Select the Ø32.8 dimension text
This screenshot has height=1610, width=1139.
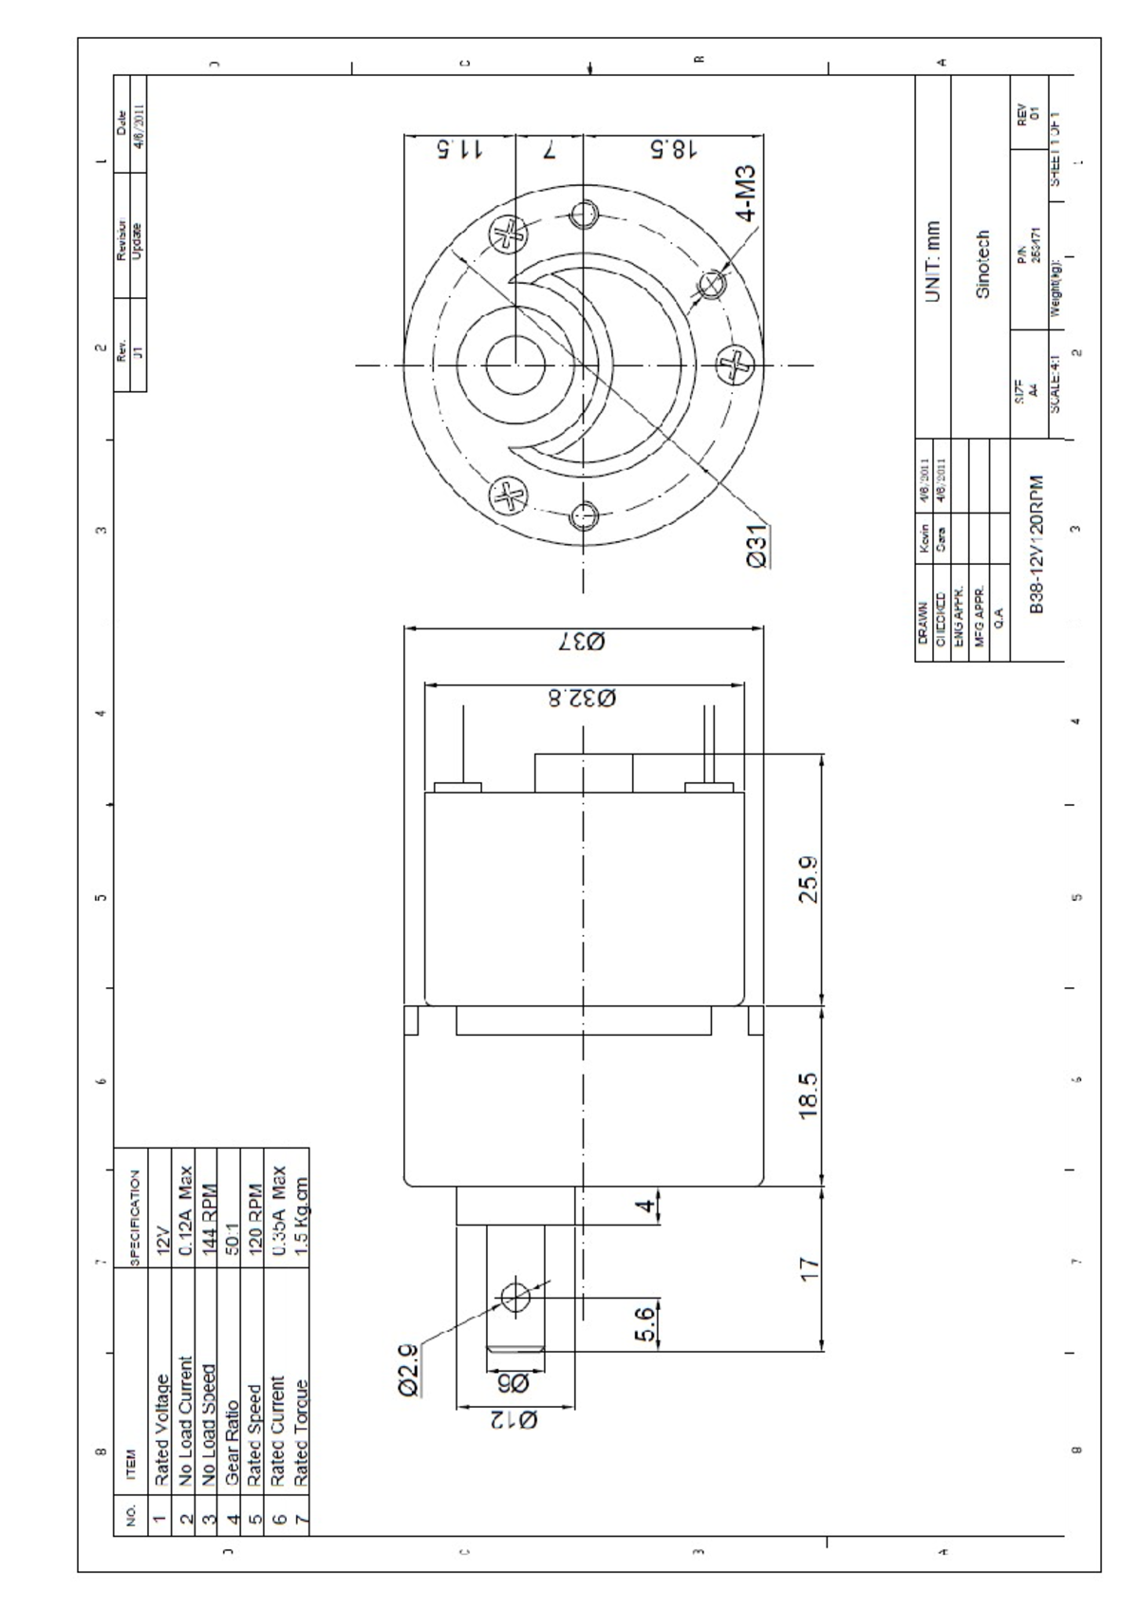tap(582, 700)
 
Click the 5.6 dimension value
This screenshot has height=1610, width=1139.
tap(645, 1325)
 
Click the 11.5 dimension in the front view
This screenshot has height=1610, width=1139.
tap(460, 150)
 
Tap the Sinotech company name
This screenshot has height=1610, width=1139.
tap(982, 263)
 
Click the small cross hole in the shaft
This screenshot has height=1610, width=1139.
tap(515, 1296)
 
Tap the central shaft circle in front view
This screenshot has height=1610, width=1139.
tap(514, 365)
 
